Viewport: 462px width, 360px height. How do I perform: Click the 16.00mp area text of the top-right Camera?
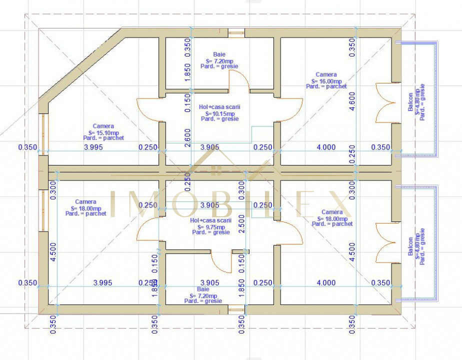(326, 80)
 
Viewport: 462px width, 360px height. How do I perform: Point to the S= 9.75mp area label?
(211, 226)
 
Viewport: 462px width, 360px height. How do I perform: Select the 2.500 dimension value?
(242, 220)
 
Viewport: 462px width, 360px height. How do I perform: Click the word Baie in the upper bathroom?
(219, 54)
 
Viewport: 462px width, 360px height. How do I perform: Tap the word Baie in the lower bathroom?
(203, 289)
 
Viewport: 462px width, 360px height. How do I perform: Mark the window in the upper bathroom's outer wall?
(235, 33)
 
